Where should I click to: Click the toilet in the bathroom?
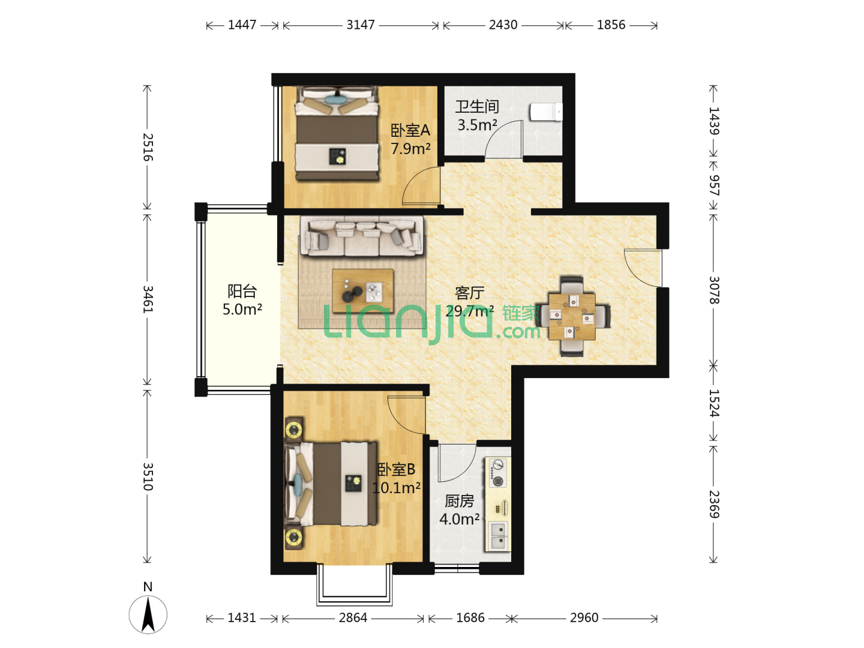[546, 112]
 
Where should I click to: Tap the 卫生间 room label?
[477, 106]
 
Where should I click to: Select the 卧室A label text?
[410, 130]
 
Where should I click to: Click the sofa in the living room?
[362, 236]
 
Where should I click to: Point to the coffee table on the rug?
[363, 290]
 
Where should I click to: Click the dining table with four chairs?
[572, 316]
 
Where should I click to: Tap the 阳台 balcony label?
[242, 291]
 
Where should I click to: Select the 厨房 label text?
[460, 501]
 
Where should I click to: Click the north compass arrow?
[148, 614]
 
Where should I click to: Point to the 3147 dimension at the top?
[361, 25]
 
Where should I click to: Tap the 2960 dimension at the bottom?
[584, 618]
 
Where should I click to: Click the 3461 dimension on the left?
[148, 299]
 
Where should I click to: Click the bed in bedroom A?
[337, 134]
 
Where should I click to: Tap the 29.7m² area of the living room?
[470, 311]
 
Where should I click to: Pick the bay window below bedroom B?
[354, 586]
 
